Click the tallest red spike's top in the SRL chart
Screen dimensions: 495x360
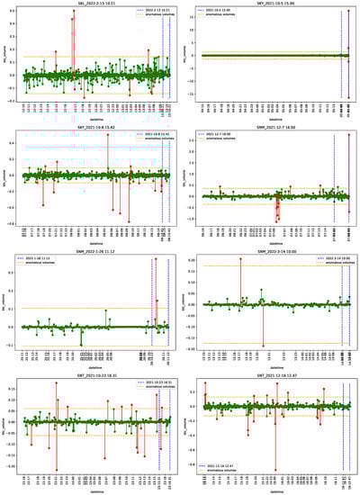74,12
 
